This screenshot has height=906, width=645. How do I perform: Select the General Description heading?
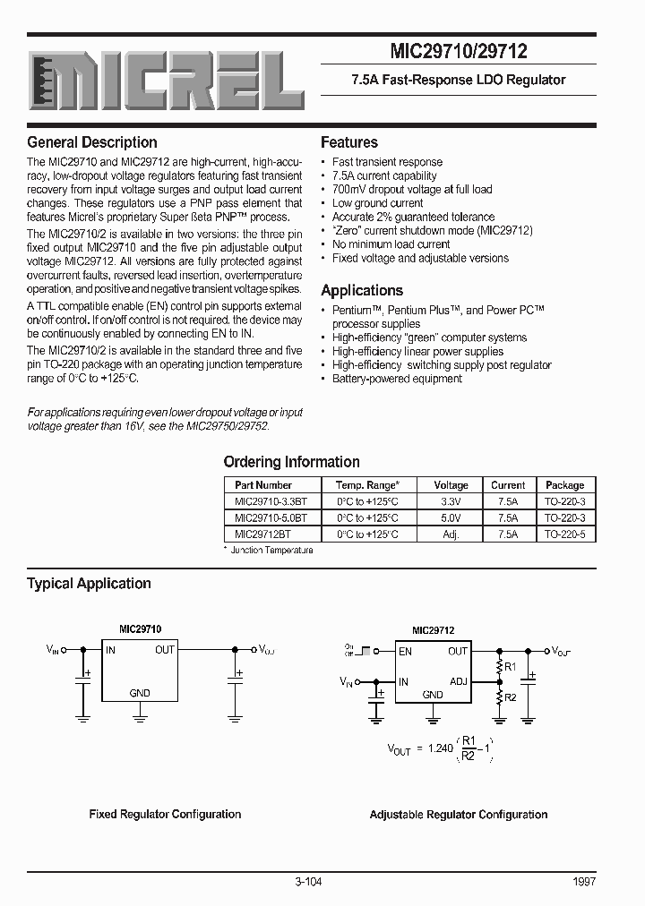pyautogui.click(x=92, y=142)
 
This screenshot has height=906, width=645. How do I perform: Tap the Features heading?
pyautogui.click(x=349, y=142)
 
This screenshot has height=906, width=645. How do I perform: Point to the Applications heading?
pyautogui.click(x=362, y=290)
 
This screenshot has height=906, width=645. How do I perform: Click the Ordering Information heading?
pyautogui.click(x=291, y=462)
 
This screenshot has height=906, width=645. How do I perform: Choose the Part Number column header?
pyautogui.click(x=263, y=484)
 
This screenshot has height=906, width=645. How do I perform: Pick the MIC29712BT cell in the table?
pyautogui.click(x=262, y=534)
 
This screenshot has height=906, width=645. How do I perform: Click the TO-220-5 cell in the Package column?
pyautogui.click(x=564, y=534)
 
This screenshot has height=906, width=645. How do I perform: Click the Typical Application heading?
pyautogui.click(x=89, y=584)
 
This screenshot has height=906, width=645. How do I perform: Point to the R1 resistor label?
pyautogui.click(x=510, y=667)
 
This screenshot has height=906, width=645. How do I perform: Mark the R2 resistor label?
pyautogui.click(x=510, y=697)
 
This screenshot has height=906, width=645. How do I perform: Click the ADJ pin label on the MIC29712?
pyautogui.click(x=459, y=681)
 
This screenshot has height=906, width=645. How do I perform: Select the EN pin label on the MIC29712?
pyautogui.click(x=406, y=652)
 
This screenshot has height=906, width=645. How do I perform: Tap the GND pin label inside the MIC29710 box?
pyautogui.click(x=140, y=693)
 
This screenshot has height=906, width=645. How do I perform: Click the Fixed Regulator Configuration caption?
pyautogui.click(x=165, y=815)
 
